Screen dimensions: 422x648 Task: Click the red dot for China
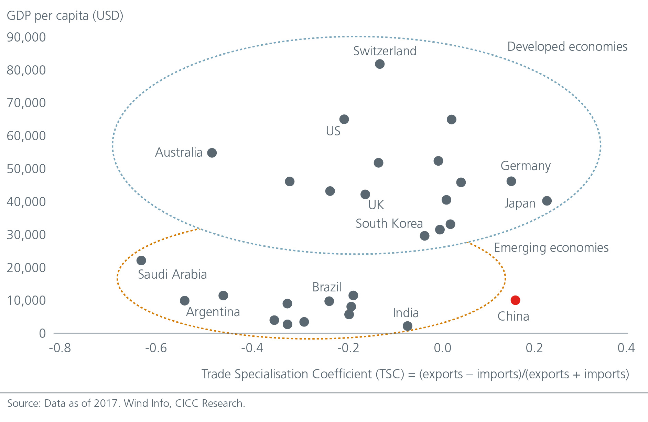click(515, 300)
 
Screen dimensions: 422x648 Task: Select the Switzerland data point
click(379, 64)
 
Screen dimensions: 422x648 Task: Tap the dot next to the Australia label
click(212, 153)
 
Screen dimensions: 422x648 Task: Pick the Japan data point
click(547, 201)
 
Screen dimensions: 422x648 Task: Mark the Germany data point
click(511, 181)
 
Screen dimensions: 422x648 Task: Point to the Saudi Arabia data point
click(141, 260)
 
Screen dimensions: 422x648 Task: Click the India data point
click(407, 326)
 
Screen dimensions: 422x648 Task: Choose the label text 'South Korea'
click(389, 224)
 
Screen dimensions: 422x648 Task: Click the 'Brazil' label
click(327, 287)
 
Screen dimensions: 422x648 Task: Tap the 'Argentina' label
click(213, 312)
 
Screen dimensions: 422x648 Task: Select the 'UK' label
click(376, 205)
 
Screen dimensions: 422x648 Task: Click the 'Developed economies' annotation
click(567, 47)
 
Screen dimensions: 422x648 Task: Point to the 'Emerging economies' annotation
click(551, 248)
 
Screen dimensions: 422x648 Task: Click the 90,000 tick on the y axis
click(26, 37)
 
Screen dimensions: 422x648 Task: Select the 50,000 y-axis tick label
click(26, 169)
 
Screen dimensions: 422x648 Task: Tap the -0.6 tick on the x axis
click(156, 348)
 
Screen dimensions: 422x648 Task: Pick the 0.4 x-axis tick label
click(626, 348)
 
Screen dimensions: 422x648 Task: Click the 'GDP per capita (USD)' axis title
click(65, 16)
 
